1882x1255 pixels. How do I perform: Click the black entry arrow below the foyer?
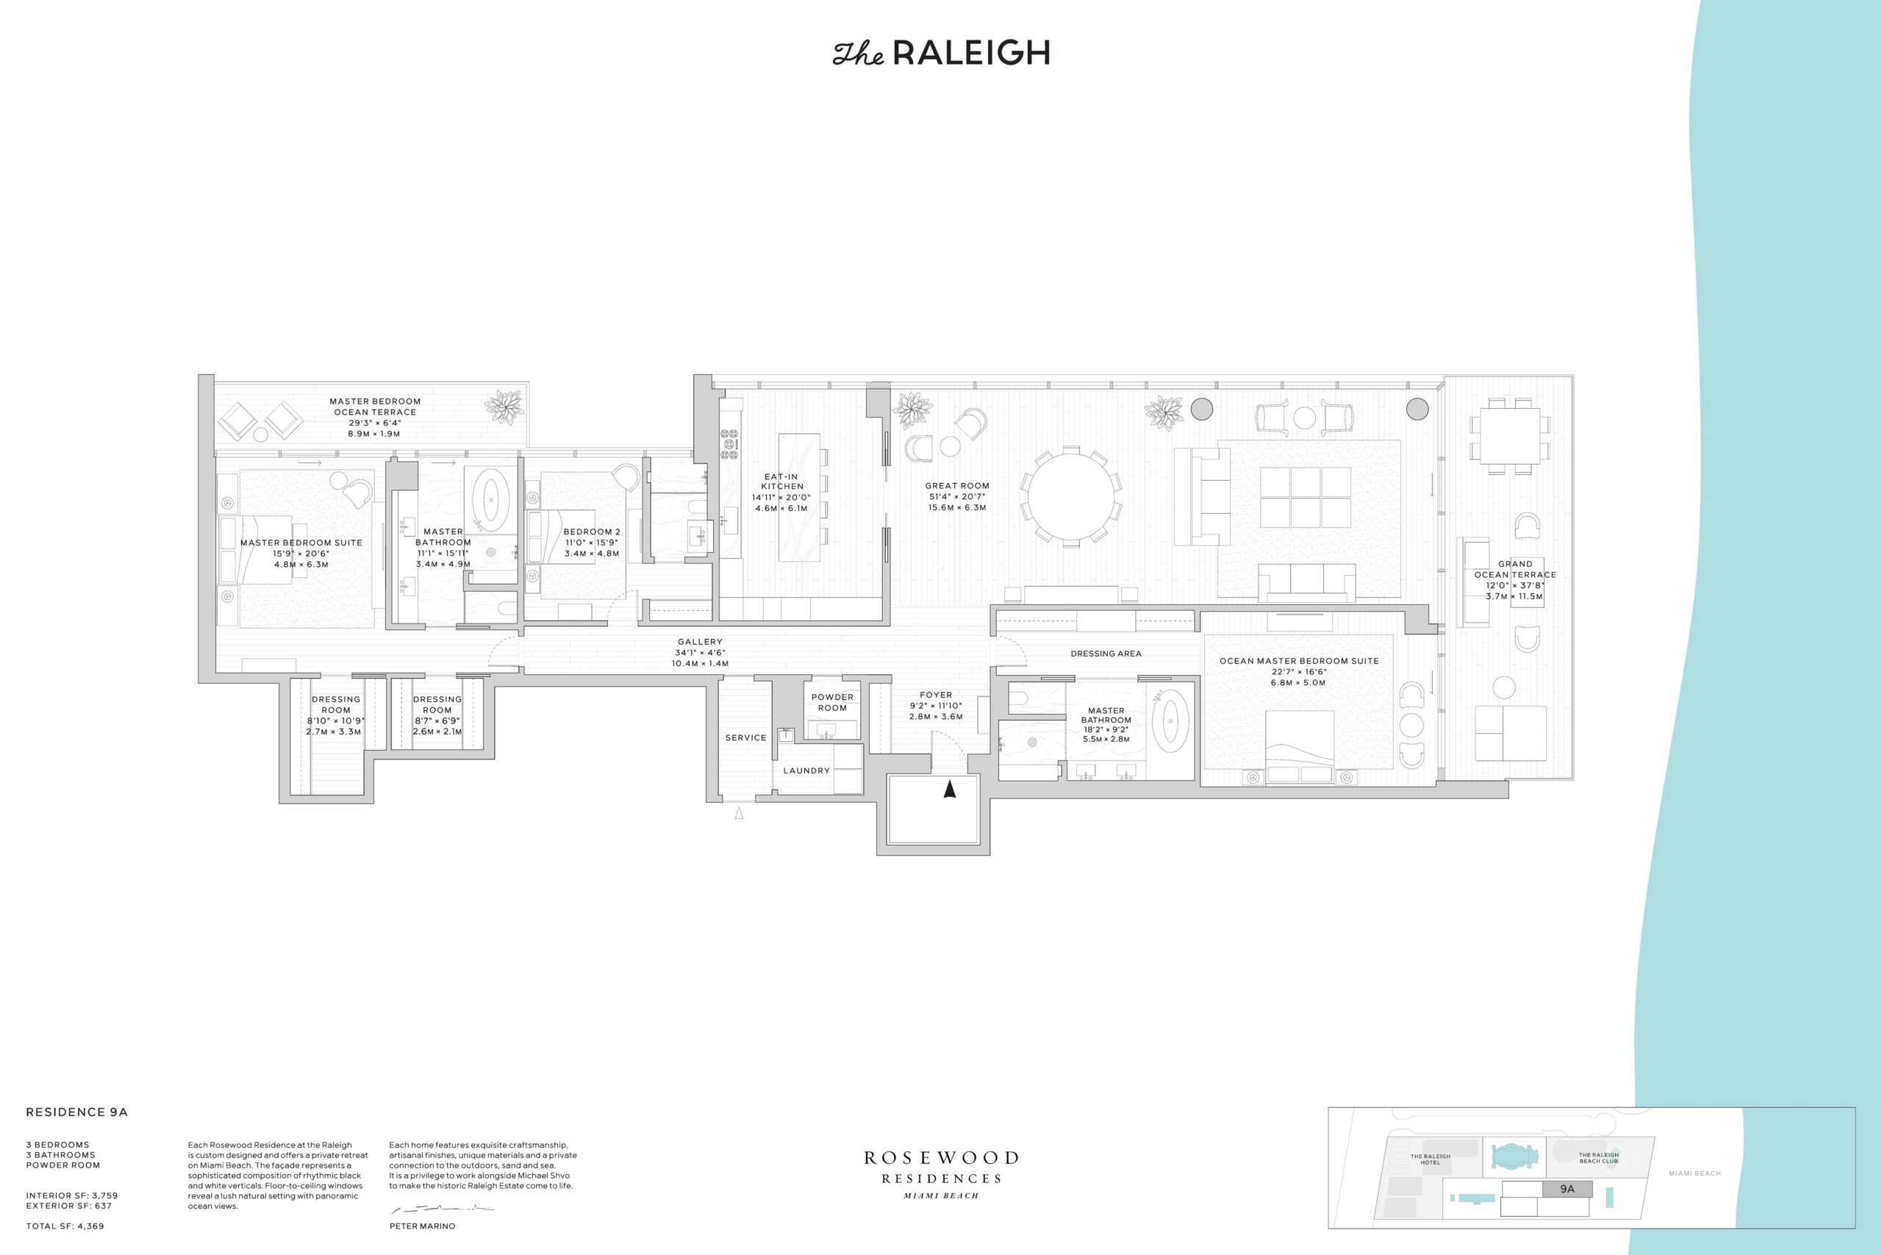point(950,789)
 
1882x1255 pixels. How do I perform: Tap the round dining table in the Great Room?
point(1070,498)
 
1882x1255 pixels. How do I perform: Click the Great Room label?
point(957,486)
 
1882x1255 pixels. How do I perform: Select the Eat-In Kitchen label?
point(781,481)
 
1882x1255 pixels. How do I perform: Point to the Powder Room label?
point(832,702)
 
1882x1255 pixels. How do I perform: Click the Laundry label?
point(806,770)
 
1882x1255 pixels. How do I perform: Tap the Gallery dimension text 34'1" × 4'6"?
point(699,652)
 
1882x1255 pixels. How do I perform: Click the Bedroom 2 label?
point(591,532)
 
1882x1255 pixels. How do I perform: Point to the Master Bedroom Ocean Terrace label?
point(374,407)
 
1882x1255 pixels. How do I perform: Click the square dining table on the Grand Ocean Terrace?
point(1509,436)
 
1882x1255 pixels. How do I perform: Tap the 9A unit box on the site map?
point(1567,1189)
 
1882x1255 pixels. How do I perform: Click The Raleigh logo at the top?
point(941,53)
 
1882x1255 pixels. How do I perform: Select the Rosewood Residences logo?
point(941,1174)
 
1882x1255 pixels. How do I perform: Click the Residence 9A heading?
point(76,1112)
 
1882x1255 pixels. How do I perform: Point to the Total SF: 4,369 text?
point(65,1226)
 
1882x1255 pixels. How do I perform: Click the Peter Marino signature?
point(441,1208)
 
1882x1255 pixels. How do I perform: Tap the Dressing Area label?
point(1106,654)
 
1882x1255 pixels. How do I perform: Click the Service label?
point(745,738)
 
